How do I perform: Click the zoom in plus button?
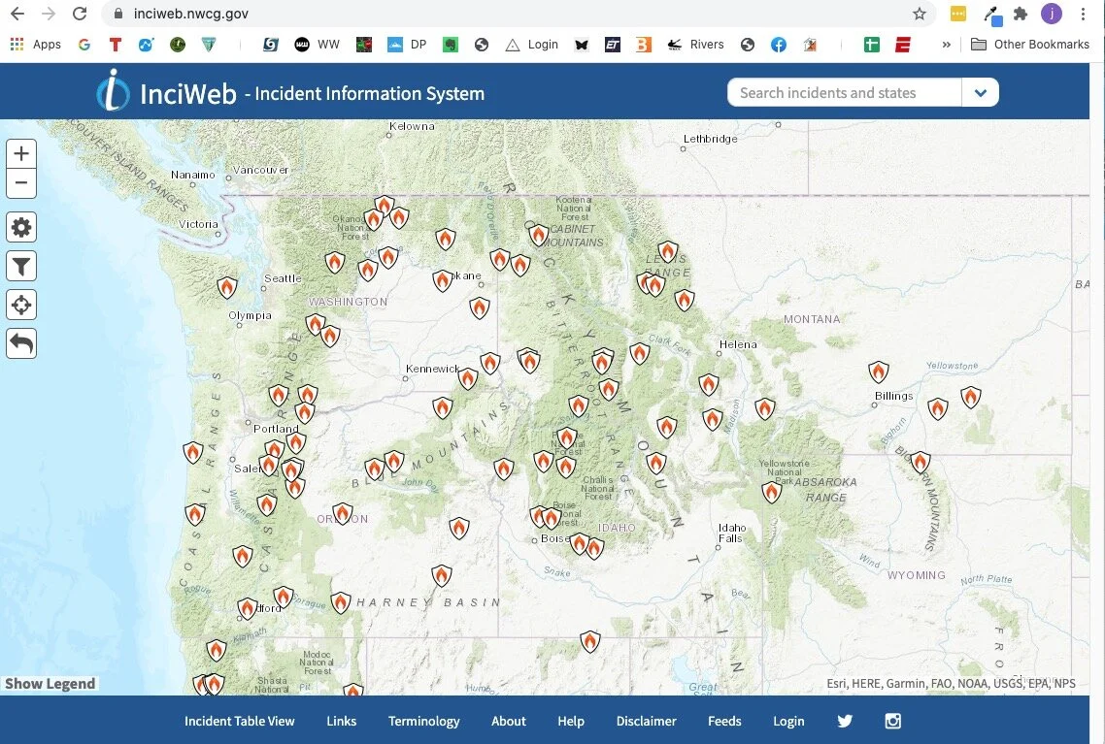point(21,153)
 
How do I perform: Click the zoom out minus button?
point(21,182)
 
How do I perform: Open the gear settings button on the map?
point(21,228)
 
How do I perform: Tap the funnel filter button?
point(21,266)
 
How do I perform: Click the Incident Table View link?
point(239,721)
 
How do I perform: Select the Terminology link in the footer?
point(423,721)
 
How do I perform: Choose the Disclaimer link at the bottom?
point(646,721)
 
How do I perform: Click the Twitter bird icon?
point(845,721)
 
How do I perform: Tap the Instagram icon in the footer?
point(893,721)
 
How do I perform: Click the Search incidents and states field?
point(844,93)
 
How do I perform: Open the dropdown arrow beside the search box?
point(981,93)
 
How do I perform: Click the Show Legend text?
point(50,684)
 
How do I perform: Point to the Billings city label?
point(893,396)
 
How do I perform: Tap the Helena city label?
point(738,344)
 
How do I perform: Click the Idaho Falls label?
point(731,534)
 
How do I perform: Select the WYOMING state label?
point(916,575)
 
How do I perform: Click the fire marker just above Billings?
point(879,372)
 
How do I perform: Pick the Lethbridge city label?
point(711,139)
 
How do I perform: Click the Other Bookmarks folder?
point(1031,44)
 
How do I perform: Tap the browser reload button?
point(80,14)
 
